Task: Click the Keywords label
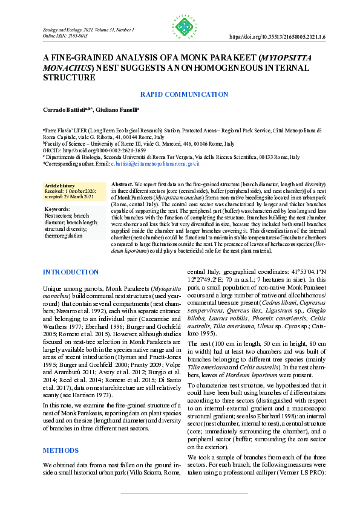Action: coord(57,209)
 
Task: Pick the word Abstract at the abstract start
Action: coord(122,183)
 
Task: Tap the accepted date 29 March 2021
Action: coord(76,196)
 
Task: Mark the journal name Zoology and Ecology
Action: coord(63,30)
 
